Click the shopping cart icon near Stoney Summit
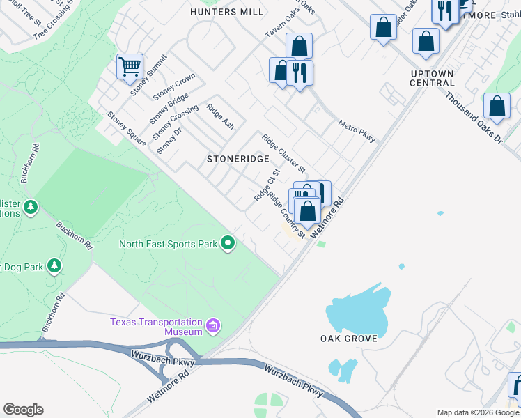click(x=130, y=67)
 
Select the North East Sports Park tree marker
click(x=227, y=243)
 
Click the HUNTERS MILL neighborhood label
click(x=228, y=12)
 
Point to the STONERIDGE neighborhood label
click(x=238, y=159)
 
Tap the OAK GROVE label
click(x=348, y=339)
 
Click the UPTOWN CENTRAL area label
click(x=432, y=78)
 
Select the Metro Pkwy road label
click(x=357, y=130)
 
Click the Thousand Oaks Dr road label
click(x=474, y=118)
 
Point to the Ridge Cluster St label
click(x=283, y=153)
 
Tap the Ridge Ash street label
click(x=221, y=116)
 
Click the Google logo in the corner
click(x=23, y=410)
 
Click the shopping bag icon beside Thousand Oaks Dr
click(x=497, y=107)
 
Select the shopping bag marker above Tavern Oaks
click(x=299, y=46)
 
